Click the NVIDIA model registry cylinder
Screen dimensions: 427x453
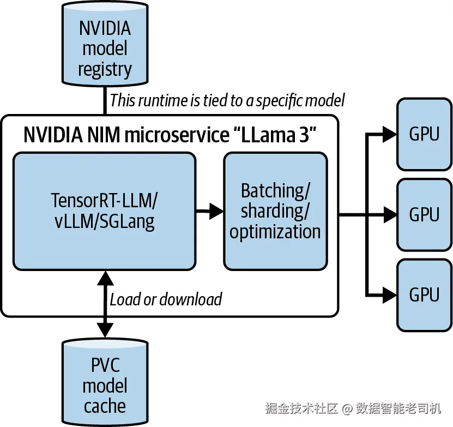click(105, 46)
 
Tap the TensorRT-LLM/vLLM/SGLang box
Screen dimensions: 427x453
click(104, 211)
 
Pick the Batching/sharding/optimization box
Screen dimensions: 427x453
click(275, 211)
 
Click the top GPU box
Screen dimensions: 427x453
click(424, 134)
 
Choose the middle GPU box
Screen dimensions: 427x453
click(424, 214)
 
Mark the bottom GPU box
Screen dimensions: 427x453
click(424, 294)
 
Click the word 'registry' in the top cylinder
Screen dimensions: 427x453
click(105, 70)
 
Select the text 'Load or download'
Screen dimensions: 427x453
click(166, 299)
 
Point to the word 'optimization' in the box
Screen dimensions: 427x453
click(275, 232)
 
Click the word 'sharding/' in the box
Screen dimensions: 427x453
click(275, 211)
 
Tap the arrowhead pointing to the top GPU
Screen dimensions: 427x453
click(389, 134)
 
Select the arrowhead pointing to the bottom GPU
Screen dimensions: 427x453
click(389, 294)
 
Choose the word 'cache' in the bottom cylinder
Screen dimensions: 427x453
click(105, 406)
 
